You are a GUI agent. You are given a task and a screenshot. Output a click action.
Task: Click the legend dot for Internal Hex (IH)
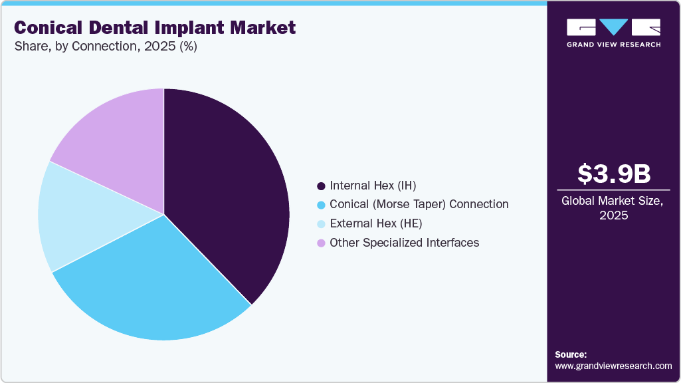[322, 186]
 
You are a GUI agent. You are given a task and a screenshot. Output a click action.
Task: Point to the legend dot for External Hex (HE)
[322, 223]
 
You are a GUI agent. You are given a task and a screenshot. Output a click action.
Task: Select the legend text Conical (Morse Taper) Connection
[419, 204]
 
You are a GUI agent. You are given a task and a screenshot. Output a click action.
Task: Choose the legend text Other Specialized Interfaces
[404, 243]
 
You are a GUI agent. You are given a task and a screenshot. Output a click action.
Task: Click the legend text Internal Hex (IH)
[373, 186]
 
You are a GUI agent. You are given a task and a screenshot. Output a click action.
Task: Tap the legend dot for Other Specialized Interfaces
[322, 243]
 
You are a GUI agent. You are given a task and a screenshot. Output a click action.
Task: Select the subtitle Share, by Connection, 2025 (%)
[106, 47]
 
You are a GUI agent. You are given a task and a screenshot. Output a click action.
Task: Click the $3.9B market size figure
[613, 174]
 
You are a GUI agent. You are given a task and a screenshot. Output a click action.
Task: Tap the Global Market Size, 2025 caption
[613, 207]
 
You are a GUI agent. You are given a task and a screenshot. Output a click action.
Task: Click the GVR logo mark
[613, 27]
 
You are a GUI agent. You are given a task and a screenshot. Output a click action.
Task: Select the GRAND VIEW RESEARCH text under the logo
[613, 45]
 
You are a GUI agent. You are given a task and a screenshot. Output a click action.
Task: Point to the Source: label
[571, 354]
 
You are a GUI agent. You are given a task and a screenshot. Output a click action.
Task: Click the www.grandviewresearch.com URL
[613, 366]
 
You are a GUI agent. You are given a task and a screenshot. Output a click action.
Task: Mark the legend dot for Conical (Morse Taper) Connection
[322, 204]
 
